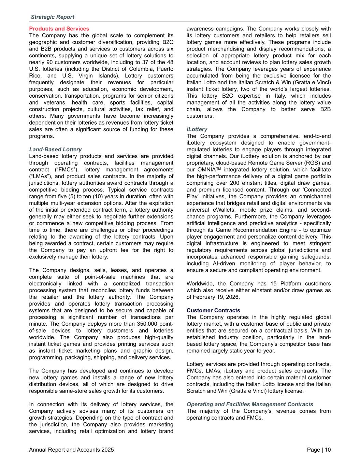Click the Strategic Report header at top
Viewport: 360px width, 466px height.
[53, 17]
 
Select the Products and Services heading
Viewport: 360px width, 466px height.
[59, 29]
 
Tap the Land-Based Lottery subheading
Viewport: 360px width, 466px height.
[55, 150]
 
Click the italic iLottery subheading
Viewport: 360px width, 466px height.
[197, 129]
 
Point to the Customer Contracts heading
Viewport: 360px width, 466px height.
[213, 311]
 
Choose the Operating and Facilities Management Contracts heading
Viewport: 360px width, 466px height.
[250, 405]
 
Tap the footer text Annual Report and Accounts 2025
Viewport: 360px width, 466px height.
[72, 450]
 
